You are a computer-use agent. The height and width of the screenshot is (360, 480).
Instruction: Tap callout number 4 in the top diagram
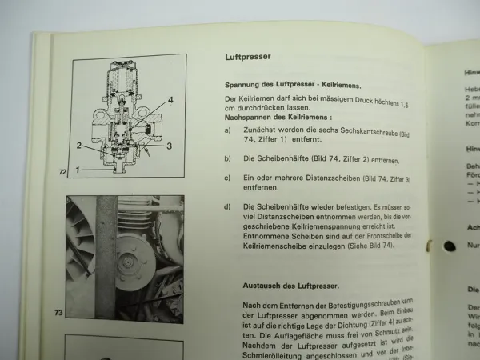(x=170, y=100)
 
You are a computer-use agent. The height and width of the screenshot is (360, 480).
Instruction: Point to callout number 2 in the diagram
(x=79, y=145)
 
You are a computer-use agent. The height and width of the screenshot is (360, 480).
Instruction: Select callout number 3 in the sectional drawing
(x=169, y=145)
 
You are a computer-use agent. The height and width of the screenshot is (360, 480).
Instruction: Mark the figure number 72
(x=61, y=172)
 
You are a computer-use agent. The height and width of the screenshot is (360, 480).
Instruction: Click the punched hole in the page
(x=450, y=246)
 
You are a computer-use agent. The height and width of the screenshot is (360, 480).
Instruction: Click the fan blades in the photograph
(x=80, y=232)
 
